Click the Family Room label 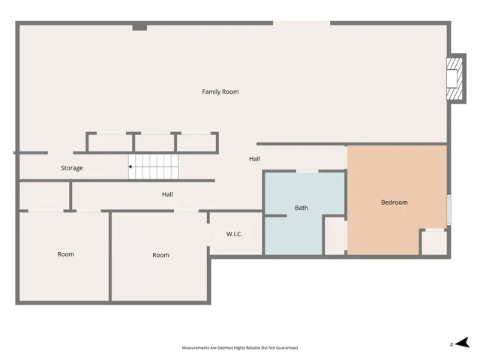pyautogui.click(x=220, y=91)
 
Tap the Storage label pyautogui.click(x=72, y=168)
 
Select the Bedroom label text pyautogui.click(x=394, y=202)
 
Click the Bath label pyautogui.click(x=301, y=208)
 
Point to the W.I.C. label pyautogui.click(x=235, y=234)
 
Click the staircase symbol pyautogui.click(x=154, y=167)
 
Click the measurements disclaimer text pyautogui.click(x=240, y=348)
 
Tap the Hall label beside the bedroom pyautogui.click(x=255, y=159)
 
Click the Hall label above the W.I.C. pyautogui.click(x=168, y=194)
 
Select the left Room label pyautogui.click(x=66, y=254)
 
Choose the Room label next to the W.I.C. pyautogui.click(x=161, y=255)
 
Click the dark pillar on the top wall pyautogui.click(x=139, y=27)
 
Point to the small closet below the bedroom pyautogui.click(x=433, y=242)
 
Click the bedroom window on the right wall pyautogui.click(x=448, y=209)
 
